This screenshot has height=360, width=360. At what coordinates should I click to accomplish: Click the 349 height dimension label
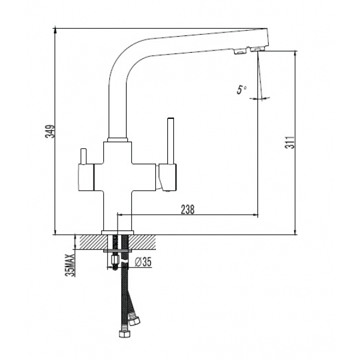point(50,131)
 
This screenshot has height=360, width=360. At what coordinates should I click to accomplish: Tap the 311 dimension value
point(290,142)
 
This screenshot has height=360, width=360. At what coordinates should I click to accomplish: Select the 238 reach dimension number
point(188,209)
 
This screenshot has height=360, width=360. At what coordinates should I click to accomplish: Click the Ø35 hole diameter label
point(143,262)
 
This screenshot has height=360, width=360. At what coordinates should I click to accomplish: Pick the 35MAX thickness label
point(70,265)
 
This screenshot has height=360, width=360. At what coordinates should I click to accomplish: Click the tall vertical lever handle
point(170,141)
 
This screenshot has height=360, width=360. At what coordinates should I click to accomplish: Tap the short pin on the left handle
point(83,157)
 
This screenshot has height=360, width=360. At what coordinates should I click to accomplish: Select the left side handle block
point(86,177)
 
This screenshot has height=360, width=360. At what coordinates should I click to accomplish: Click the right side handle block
point(167,177)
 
